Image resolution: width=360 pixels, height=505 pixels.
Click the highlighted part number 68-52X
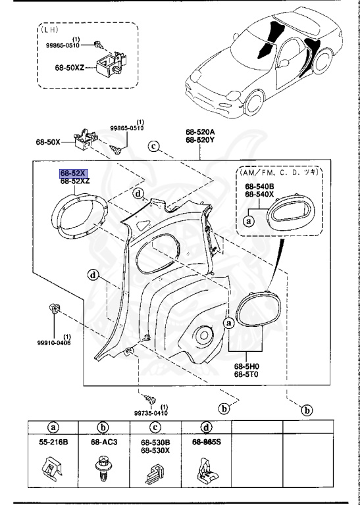pos(73,174)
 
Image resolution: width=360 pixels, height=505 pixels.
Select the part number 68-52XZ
pos(75,181)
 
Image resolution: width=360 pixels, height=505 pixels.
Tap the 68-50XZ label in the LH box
pos(69,68)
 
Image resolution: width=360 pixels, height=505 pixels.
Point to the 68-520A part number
pos(200,132)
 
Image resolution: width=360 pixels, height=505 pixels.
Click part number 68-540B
pos(259,187)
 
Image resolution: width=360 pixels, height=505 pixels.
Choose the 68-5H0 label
pos(247,366)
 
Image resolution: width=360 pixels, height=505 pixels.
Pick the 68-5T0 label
pos(247,374)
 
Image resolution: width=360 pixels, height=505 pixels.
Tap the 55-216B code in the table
pos(53,442)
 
